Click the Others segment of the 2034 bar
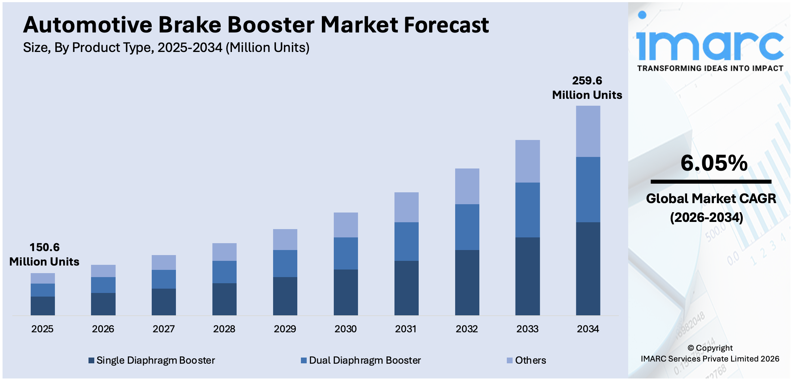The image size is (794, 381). (x=588, y=131)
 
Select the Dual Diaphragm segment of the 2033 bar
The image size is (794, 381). (x=527, y=210)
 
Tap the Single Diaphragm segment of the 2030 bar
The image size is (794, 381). (x=346, y=292)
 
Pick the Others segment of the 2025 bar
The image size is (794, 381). (x=43, y=278)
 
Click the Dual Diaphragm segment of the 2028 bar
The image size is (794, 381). (x=224, y=272)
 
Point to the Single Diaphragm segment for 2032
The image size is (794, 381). (x=467, y=283)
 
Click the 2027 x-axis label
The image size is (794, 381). (x=164, y=329)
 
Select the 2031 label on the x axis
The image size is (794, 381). (x=406, y=329)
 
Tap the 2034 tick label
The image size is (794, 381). (x=588, y=329)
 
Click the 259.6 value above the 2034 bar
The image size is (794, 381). (x=587, y=80)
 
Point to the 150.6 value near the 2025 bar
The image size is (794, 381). (x=44, y=247)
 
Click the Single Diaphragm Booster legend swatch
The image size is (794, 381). (x=91, y=360)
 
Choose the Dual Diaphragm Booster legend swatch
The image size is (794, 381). (x=304, y=360)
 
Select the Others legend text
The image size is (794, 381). (x=530, y=360)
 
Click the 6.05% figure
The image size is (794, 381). (x=714, y=163)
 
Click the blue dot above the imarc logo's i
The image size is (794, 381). (x=642, y=15)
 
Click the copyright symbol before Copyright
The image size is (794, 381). (x=691, y=348)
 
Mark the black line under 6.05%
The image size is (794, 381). (x=711, y=182)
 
